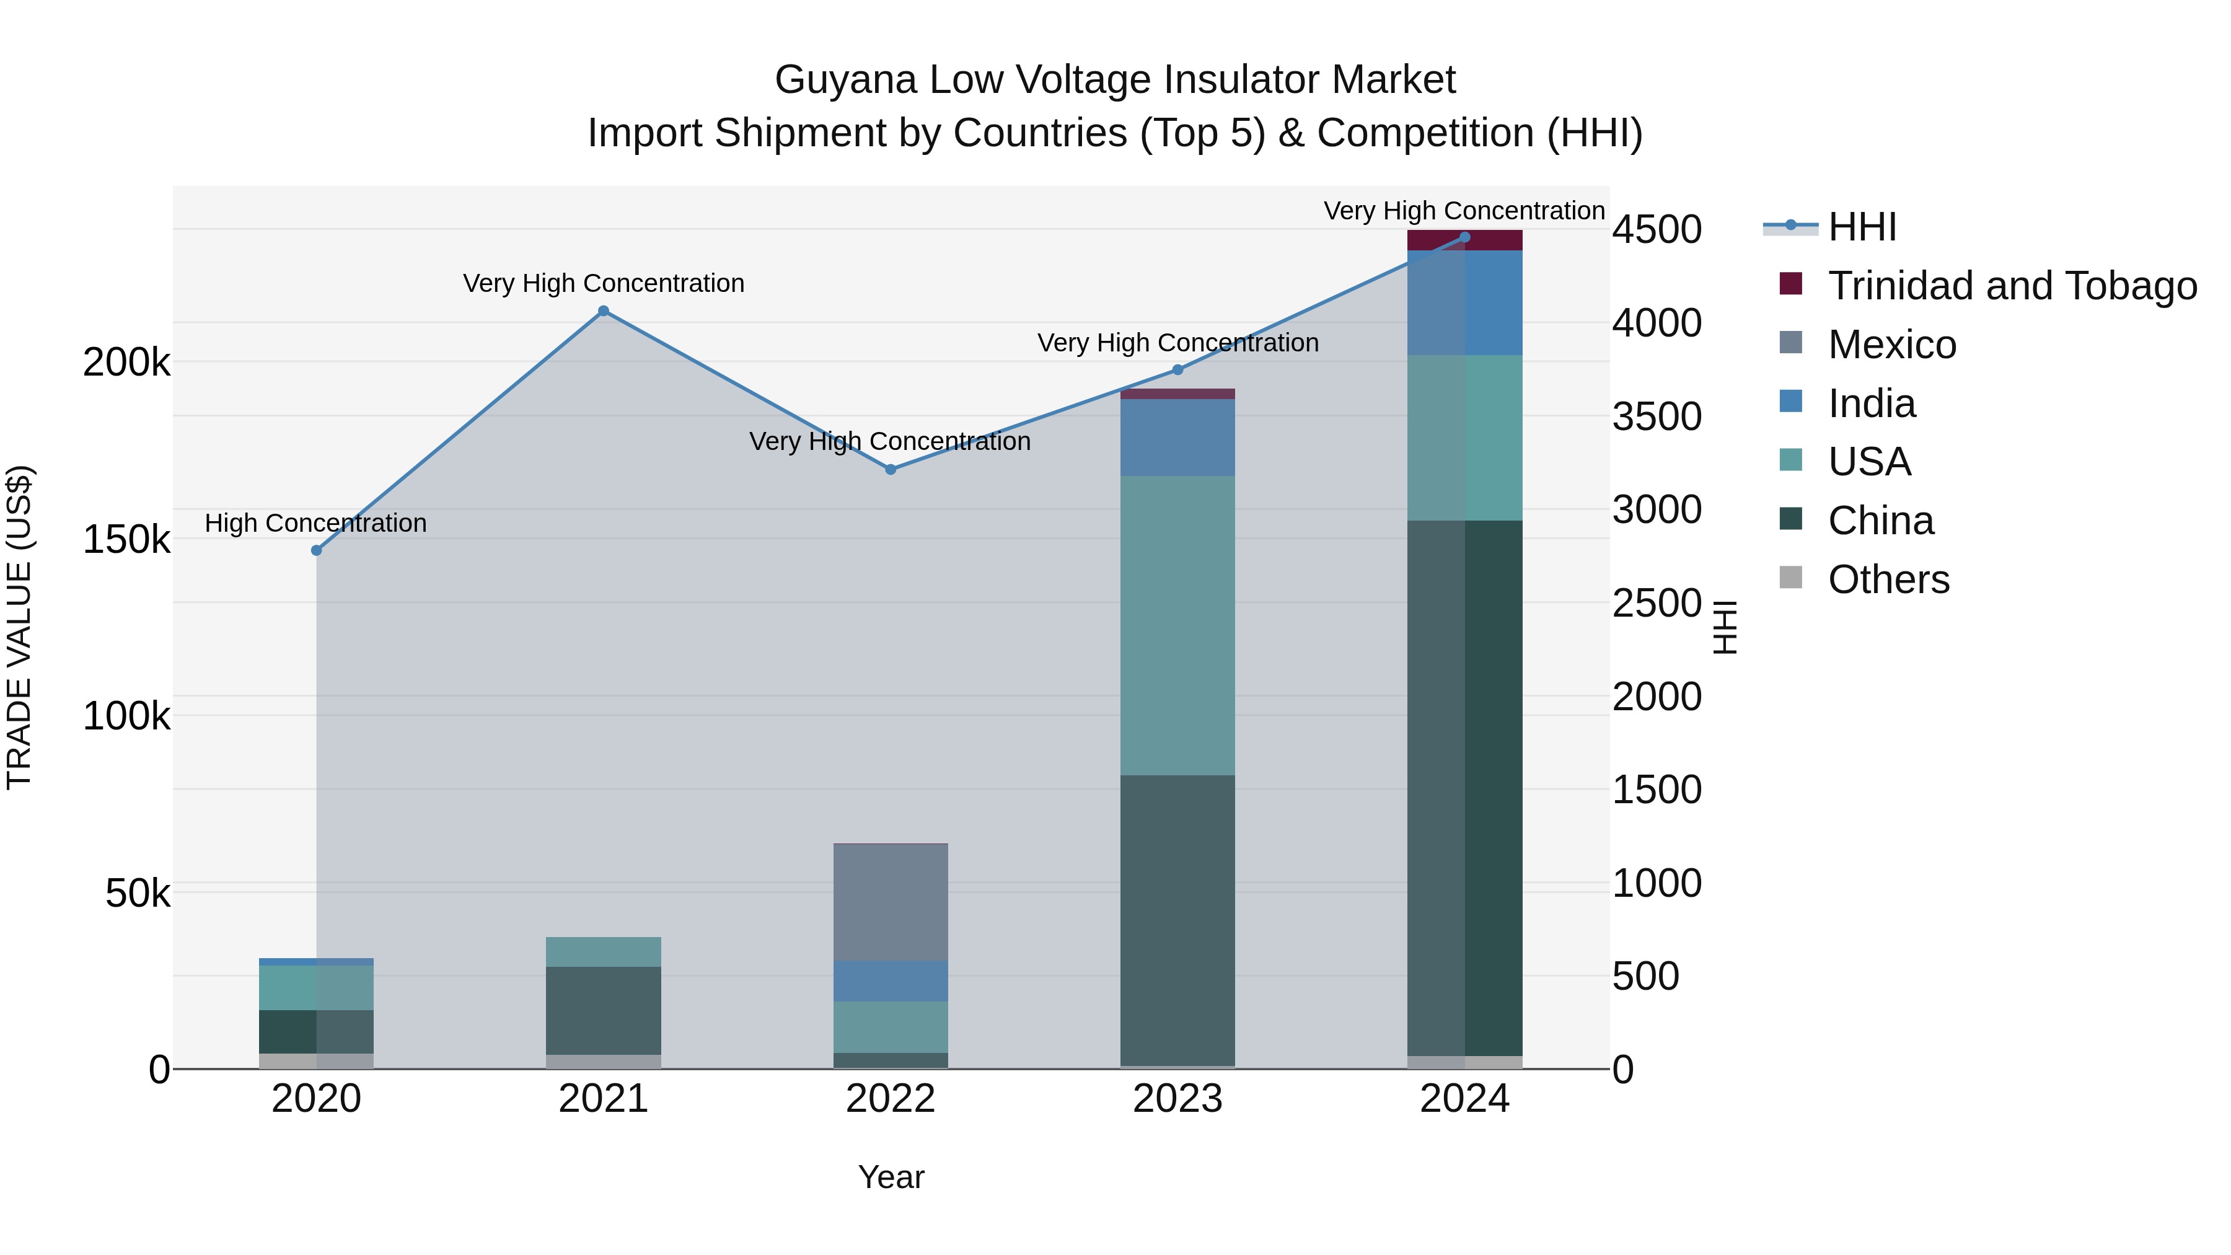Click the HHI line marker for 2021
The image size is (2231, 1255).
click(x=604, y=311)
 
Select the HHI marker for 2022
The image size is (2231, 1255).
click(x=891, y=469)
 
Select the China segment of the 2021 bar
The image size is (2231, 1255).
click(x=604, y=1010)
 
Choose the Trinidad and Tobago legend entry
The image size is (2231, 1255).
click(x=2011, y=286)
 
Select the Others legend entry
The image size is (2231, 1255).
click(x=1888, y=579)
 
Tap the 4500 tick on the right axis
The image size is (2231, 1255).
click(x=1657, y=231)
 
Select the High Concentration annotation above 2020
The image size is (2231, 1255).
click(x=316, y=523)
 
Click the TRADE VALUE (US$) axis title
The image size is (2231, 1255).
click(x=19, y=627)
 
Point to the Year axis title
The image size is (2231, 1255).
click(x=891, y=1177)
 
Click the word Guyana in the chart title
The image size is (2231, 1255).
click(x=845, y=80)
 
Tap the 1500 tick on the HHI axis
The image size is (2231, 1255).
click(x=1657, y=790)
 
